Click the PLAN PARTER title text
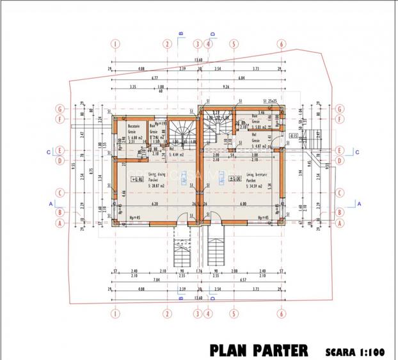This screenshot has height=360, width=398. pyautogui.click(x=259, y=350)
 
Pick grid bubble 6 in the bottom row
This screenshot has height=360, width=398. pyautogui.click(x=281, y=313)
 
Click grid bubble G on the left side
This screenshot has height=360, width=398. pyautogui.click(x=60, y=108)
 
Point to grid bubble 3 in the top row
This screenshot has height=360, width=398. pyautogui.click(x=198, y=44)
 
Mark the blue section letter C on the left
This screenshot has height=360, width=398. pyautogui.click(x=49, y=152)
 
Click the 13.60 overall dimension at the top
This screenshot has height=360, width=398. pyautogui.click(x=198, y=60)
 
